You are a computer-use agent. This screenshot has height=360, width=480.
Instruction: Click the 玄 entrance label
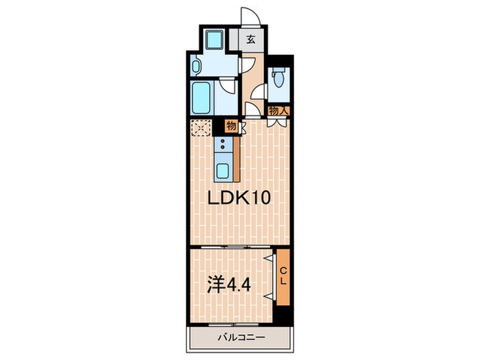(x=251, y=40)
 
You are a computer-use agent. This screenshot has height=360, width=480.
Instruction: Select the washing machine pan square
(x=215, y=40)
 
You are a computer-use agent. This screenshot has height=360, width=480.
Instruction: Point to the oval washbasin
(x=196, y=65)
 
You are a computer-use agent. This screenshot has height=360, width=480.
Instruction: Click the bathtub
(x=202, y=97)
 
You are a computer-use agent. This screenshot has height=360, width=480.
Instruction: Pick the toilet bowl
(x=278, y=77)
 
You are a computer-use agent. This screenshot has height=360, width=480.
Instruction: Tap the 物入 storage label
(x=278, y=111)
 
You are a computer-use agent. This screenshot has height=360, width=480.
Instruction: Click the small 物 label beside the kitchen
(x=232, y=125)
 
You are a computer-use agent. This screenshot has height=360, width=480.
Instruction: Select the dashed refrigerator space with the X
(x=201, y=128)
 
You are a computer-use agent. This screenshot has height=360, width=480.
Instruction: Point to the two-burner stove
(x=223, y=145)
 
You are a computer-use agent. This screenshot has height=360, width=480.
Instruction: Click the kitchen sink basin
(x=223, y=171)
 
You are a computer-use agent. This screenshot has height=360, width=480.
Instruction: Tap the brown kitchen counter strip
(x=237, y=159)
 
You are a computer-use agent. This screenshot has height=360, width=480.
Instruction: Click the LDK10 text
(x=239, y=197)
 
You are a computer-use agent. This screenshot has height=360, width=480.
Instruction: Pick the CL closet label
(x=284, y=276)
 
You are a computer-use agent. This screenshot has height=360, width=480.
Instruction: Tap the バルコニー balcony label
(x=241, y=338)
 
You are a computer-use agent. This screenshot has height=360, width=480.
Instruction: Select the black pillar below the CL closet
(x=283, y=314)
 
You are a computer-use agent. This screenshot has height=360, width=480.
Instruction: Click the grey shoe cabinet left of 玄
(x=234, y=40)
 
